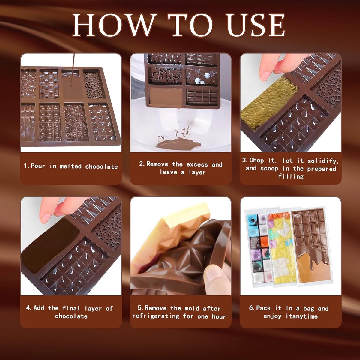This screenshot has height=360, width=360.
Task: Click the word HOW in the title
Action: click(114, 25)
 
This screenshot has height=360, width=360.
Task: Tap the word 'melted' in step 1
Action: click(70, 166)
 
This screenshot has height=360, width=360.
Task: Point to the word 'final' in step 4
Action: click(71, 308)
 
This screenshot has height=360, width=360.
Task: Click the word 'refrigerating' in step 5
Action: click(156, 316)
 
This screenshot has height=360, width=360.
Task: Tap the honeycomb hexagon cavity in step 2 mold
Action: click(202, 77)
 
